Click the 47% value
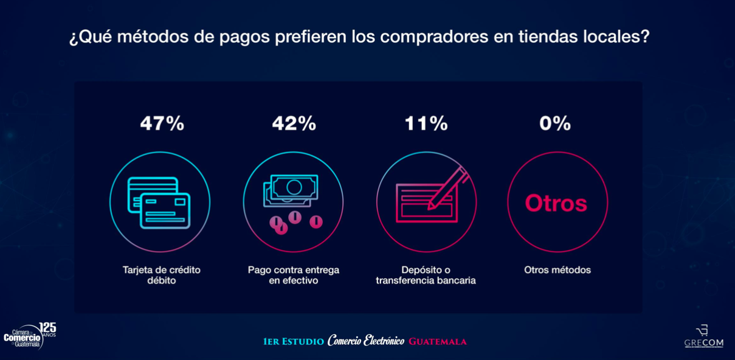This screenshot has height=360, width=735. click(x=162, y=123)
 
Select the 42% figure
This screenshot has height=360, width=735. click(x=294, y=123)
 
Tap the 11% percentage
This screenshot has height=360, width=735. click(x=426, y=123)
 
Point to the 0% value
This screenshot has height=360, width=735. click(x=555, y=123)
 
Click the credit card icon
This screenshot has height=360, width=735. click(x=159, y=202)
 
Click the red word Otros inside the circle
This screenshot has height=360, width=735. click(x=556, y=203)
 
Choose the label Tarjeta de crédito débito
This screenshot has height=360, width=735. click(x=161, y=275)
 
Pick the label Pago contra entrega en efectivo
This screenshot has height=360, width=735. click(x=294, y=275)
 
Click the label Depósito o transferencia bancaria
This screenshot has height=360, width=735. click(x=426, y=275)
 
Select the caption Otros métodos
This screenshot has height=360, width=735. click(x=557, y=270)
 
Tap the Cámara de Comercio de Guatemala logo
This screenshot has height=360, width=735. click(x=29, y=336)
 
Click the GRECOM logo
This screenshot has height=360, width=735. click(x=703, y=337)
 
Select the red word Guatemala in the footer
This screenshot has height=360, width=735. click(x=437, y=341)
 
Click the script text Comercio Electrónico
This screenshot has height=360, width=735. click(x=365, y=341)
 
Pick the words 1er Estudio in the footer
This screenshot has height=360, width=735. click(x=294, y=342)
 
